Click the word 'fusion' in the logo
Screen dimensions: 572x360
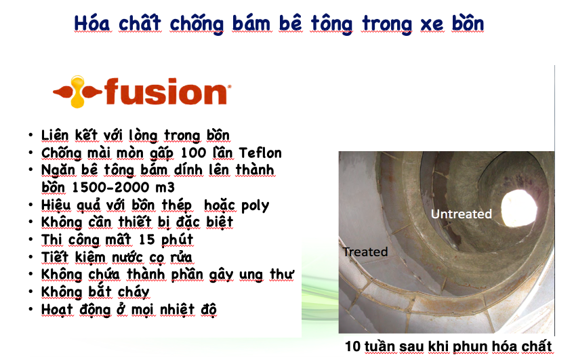(166, 92)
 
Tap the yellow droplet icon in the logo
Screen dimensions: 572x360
(77, 92)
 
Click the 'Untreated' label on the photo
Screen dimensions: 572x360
(461, 214)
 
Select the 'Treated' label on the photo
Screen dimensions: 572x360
(365, 252)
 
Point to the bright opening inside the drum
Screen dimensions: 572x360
(518, 209)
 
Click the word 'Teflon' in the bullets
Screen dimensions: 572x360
(260, 153)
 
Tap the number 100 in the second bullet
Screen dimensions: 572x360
(194, 153)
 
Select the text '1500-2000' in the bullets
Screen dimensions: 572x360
(110, 188)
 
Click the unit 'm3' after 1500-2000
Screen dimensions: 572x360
(165, 188)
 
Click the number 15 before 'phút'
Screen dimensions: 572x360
(146, 239)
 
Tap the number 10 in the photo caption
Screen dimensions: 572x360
(352, 346)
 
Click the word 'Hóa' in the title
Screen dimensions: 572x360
(92, 24)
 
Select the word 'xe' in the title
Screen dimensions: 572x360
(432, 24)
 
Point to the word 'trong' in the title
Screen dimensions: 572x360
(387, 25)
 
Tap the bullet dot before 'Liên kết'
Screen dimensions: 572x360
(30, 136)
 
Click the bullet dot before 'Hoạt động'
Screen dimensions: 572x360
(30, 310)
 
